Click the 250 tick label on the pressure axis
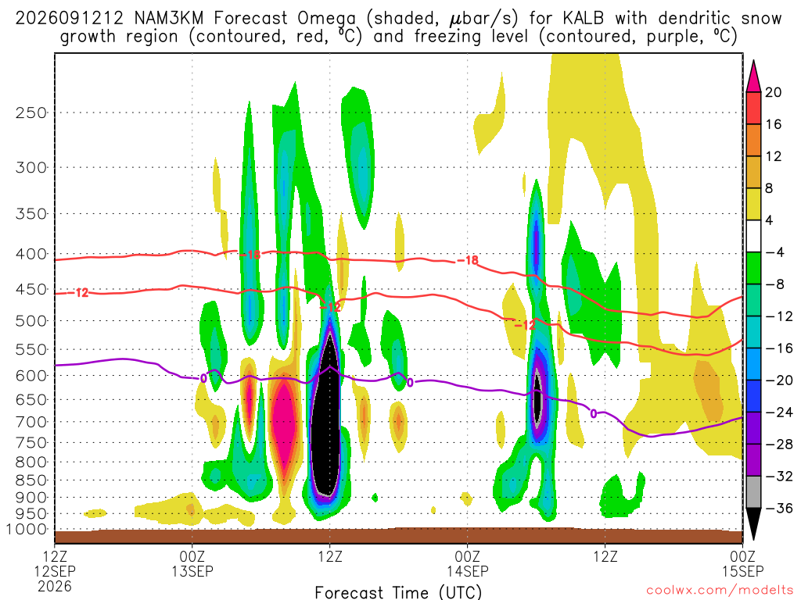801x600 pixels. (31, 112)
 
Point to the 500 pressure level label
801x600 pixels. (31, 321)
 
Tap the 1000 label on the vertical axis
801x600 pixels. (27, 529)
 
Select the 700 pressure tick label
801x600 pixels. (31, 422)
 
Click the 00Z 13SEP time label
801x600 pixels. (192, 562)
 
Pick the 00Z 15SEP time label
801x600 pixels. (742, 562)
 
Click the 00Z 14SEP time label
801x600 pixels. (468, 562)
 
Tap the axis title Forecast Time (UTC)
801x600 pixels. (398, 592)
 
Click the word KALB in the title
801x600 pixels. (583, 19)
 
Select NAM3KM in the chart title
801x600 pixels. (169, 19)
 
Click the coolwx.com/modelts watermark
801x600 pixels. (720, 591)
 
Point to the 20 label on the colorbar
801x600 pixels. (773, 92)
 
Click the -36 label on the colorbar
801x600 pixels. (778, 508)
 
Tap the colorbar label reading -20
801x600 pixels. (778, 380)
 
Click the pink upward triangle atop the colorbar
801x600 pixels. (753, 76)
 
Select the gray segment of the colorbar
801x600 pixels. (753, 492)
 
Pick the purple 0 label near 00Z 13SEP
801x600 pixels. (203, 378)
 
